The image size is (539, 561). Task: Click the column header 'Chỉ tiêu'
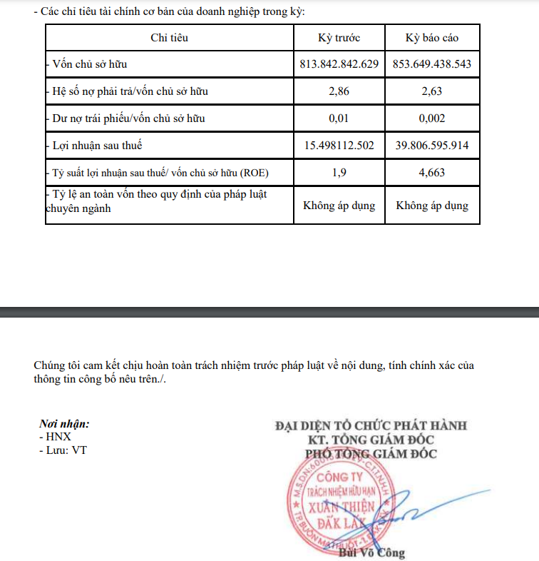pyautogui.click(x=169, y=38)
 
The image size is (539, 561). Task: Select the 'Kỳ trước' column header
pyautogui.click(x=339, y=38)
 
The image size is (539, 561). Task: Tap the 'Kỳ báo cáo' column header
pyautogui.click(x=432, y=38)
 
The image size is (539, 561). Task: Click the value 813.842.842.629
pyautogui.click(x=339, y=64)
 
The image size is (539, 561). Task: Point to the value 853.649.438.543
pyautogui.click(x=432, y=64)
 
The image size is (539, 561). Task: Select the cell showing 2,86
pyautogui.click(x=339, y=91)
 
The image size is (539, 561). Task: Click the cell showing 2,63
pyautogui.click(x=432, y=91)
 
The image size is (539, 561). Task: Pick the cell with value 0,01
pyautogui.click(x=339, y=118)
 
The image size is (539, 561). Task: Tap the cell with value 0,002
pyautogui.click(x=432, y=118)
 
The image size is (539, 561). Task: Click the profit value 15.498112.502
pyautogui.click(x=339, y=146)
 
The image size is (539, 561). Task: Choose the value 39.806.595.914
pyautogui.click(x=432, y=146)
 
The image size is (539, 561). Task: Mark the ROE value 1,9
pyautogui.click(x=339, y=173)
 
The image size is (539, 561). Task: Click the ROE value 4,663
pyautogui.click(x=432, y=173)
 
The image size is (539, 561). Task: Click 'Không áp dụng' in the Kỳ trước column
pyautogui.click(x=339, y=206)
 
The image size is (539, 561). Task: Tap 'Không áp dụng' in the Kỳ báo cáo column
pyautogui.click(x=432, y=206)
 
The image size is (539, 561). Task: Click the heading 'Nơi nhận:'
pyautogui.click(x=64, y=424)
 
